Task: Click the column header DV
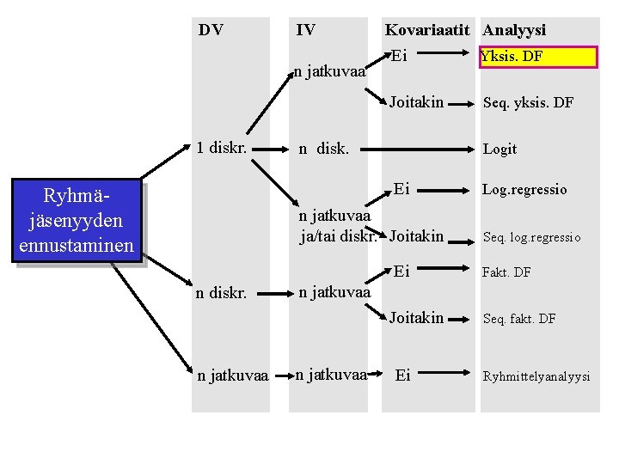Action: [211, 30]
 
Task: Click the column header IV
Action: [305, 30]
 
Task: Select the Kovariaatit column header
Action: [427, 30]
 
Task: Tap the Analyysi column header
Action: [514, 30]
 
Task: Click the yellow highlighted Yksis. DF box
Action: [538, 57]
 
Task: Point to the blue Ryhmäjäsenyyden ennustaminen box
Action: [76, 221]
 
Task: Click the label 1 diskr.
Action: [222, 147]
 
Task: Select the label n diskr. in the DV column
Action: [222, 293]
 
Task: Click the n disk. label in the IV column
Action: [323, 149]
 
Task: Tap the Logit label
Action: [499, 149]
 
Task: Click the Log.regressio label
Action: [524, 190]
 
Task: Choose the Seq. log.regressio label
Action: [531, 237]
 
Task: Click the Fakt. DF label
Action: [506, 272]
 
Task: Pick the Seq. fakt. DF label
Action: [519, 319]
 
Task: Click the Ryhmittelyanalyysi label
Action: [536, 376]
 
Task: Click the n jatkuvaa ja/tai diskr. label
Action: [337, 226]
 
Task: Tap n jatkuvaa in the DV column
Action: [232, 375]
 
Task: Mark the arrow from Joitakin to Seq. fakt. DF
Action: [462, 318]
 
